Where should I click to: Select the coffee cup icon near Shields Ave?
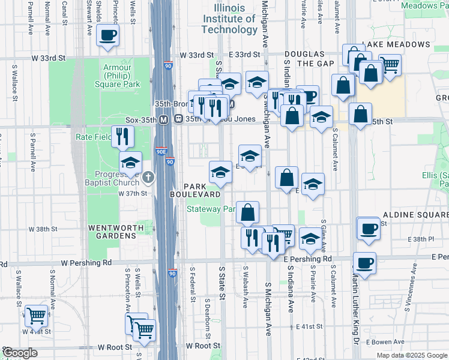tap(107, 35)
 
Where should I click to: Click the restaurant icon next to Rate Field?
tap(122, 136)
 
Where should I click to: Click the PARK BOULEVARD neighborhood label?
tap(194, 190)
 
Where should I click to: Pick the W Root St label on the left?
tap(115, 347)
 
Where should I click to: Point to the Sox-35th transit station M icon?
tap(163, 119)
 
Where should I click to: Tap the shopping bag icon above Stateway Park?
tap(247, 212)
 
